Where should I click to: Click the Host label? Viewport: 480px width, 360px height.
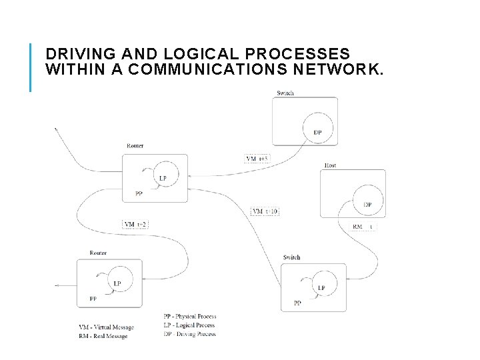[330, 165]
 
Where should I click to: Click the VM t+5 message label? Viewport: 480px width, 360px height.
[257, 159]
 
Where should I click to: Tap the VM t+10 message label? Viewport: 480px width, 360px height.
[265, 211]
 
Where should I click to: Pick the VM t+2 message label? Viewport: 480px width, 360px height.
[136, 224]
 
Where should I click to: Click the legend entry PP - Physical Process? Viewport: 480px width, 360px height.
[190, 316]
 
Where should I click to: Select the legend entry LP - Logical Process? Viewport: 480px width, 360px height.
[189, 325]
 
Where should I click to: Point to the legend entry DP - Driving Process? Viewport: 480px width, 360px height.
[189, 333]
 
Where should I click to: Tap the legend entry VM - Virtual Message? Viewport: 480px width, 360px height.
[106, 327]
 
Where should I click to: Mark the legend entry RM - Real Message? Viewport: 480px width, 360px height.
[103, 336]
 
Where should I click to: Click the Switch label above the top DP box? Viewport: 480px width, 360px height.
[285, 93]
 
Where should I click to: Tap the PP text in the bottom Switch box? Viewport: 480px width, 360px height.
[297, 303]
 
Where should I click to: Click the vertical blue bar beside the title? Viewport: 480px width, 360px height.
[31, 67]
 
